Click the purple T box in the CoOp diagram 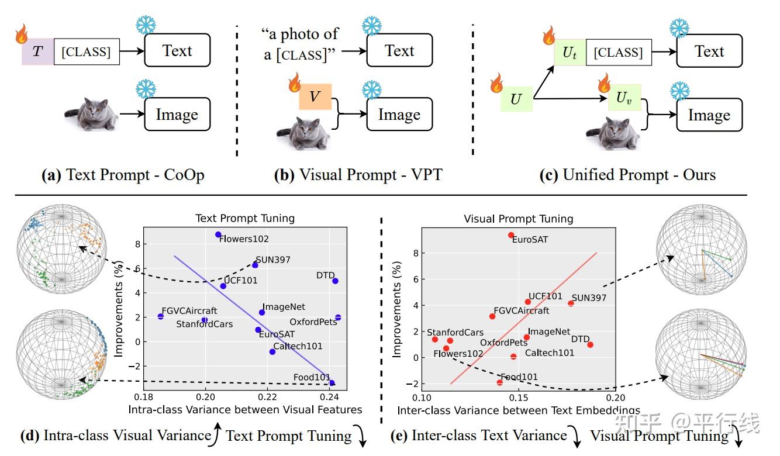point(37,51)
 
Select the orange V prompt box point(315,96)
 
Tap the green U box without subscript point(516,99)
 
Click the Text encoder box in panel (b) point(400,50)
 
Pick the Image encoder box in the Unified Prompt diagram point(709,115)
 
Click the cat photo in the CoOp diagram point(92,114)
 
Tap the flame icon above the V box point(295,82)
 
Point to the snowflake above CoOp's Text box point(146,25)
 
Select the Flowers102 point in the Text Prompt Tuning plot point(218,234)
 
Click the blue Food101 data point point(332,383)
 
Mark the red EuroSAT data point point(511,236)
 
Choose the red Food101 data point point(500,382)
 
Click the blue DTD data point point(335,281)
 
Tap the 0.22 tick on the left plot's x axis point(267,397)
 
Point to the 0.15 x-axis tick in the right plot point(519,398)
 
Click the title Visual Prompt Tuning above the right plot point(519,219)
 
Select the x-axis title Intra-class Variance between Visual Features point(245,410)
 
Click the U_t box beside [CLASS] point(570,53)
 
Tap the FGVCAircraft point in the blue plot point(161,316)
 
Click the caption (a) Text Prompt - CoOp point(123,175)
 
